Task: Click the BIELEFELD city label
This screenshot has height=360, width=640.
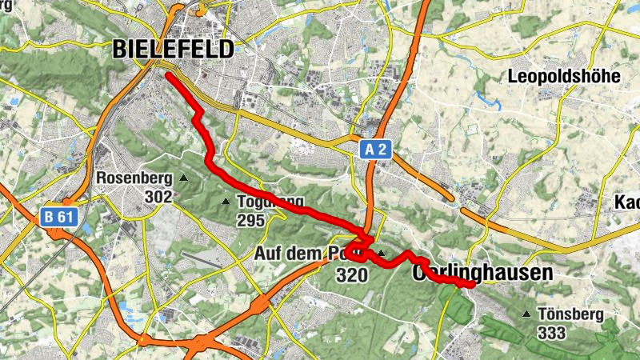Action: [174, 49]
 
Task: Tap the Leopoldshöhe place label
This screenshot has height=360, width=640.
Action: [565, 77]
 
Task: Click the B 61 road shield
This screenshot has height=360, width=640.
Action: [54, 215]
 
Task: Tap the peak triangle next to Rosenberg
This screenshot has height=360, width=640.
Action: [184, 178]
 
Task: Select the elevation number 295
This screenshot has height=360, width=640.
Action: [250, 220]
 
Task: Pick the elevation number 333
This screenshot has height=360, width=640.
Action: [553, 333]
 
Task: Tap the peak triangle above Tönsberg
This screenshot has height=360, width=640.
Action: [526, 314]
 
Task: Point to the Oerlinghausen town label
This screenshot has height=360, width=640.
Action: [482, 274]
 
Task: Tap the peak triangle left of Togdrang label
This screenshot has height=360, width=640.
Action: [225, 202]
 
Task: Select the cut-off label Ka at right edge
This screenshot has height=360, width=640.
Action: [626, 202]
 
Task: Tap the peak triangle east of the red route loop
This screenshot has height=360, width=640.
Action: [382, 254]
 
